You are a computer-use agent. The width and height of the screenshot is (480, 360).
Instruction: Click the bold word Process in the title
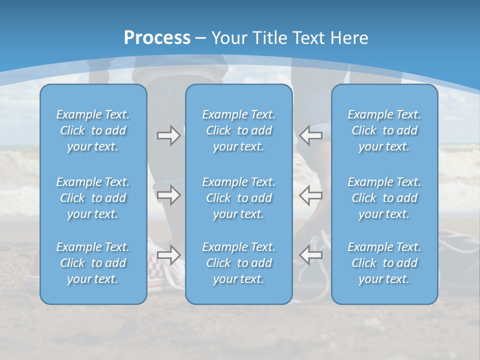(x=157, y=38)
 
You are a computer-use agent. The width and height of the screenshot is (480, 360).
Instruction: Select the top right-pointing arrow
(x=168, y=135)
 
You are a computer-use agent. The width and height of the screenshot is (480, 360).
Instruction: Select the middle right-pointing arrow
(x=168, y=195)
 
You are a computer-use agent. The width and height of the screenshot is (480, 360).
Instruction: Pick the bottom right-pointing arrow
(x=168, y=255)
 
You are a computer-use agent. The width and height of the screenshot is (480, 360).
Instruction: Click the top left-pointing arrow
(x=311, y=135)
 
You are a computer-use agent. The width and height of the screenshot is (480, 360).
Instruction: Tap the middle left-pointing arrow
(x=311, y=195)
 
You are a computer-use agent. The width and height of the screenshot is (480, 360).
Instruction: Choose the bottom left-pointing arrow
(x=311, y=255)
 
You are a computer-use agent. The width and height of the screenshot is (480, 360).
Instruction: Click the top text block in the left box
(x=93, y=130)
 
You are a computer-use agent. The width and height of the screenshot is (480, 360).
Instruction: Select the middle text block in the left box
(x=93, y=198)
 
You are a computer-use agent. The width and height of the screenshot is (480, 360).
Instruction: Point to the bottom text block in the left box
(x=93, y=263)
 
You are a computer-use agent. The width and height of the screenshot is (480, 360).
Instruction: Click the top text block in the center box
(x=239, y=130)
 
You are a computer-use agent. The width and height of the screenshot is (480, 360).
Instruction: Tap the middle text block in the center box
(x=239, y=198)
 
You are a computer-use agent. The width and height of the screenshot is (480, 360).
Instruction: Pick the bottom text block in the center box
(x=239, y=263)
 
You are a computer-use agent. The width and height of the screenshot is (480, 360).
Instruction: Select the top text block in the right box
(x=384, y=130)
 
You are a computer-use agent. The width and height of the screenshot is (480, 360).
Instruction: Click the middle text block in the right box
(x=384, y=198)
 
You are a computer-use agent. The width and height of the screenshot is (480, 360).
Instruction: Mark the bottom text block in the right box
(x=384, y=263)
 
